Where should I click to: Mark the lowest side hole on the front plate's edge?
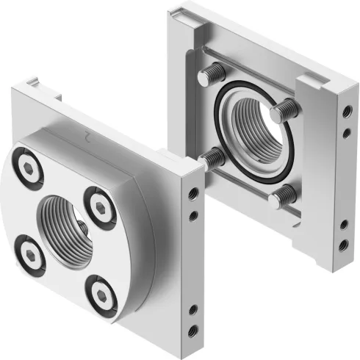click(x=192, y=328)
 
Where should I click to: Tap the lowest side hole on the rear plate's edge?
click(x=344, y=244)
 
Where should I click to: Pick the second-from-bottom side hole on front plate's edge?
click(x=192, y=309)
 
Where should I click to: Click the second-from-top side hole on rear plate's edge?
click(x=345, y=134)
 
